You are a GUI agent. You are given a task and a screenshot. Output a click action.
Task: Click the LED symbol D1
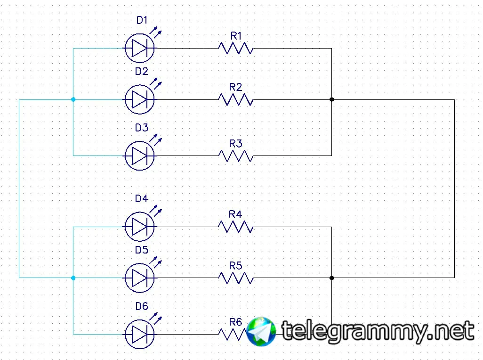pos(139,48)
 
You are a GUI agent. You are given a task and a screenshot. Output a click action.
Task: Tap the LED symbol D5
pos(139,278)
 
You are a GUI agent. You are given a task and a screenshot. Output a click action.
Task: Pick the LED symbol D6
pos(139,335)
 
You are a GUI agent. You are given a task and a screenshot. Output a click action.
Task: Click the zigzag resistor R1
pos(235,48)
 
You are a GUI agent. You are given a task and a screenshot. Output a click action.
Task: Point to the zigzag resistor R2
pos(235,99)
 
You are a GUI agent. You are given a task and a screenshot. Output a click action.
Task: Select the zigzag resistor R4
pos(235,227)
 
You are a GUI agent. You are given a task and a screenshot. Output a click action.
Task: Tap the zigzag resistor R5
pos(235,278)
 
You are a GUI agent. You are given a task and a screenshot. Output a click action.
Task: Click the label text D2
pos(141,72)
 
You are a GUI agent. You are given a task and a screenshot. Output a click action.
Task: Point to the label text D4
pos(141,198)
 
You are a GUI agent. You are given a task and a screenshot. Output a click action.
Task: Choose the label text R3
pos(235,143)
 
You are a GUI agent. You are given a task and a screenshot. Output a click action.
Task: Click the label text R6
pos(235,322)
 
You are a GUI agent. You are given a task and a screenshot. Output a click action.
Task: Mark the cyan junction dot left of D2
pos(73,99)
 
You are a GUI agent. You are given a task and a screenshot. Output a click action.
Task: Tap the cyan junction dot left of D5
pos(73,278)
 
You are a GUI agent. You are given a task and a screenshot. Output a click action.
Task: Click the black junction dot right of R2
pos(332,99)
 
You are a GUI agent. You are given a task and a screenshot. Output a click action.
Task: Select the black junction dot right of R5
pos(332,278)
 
